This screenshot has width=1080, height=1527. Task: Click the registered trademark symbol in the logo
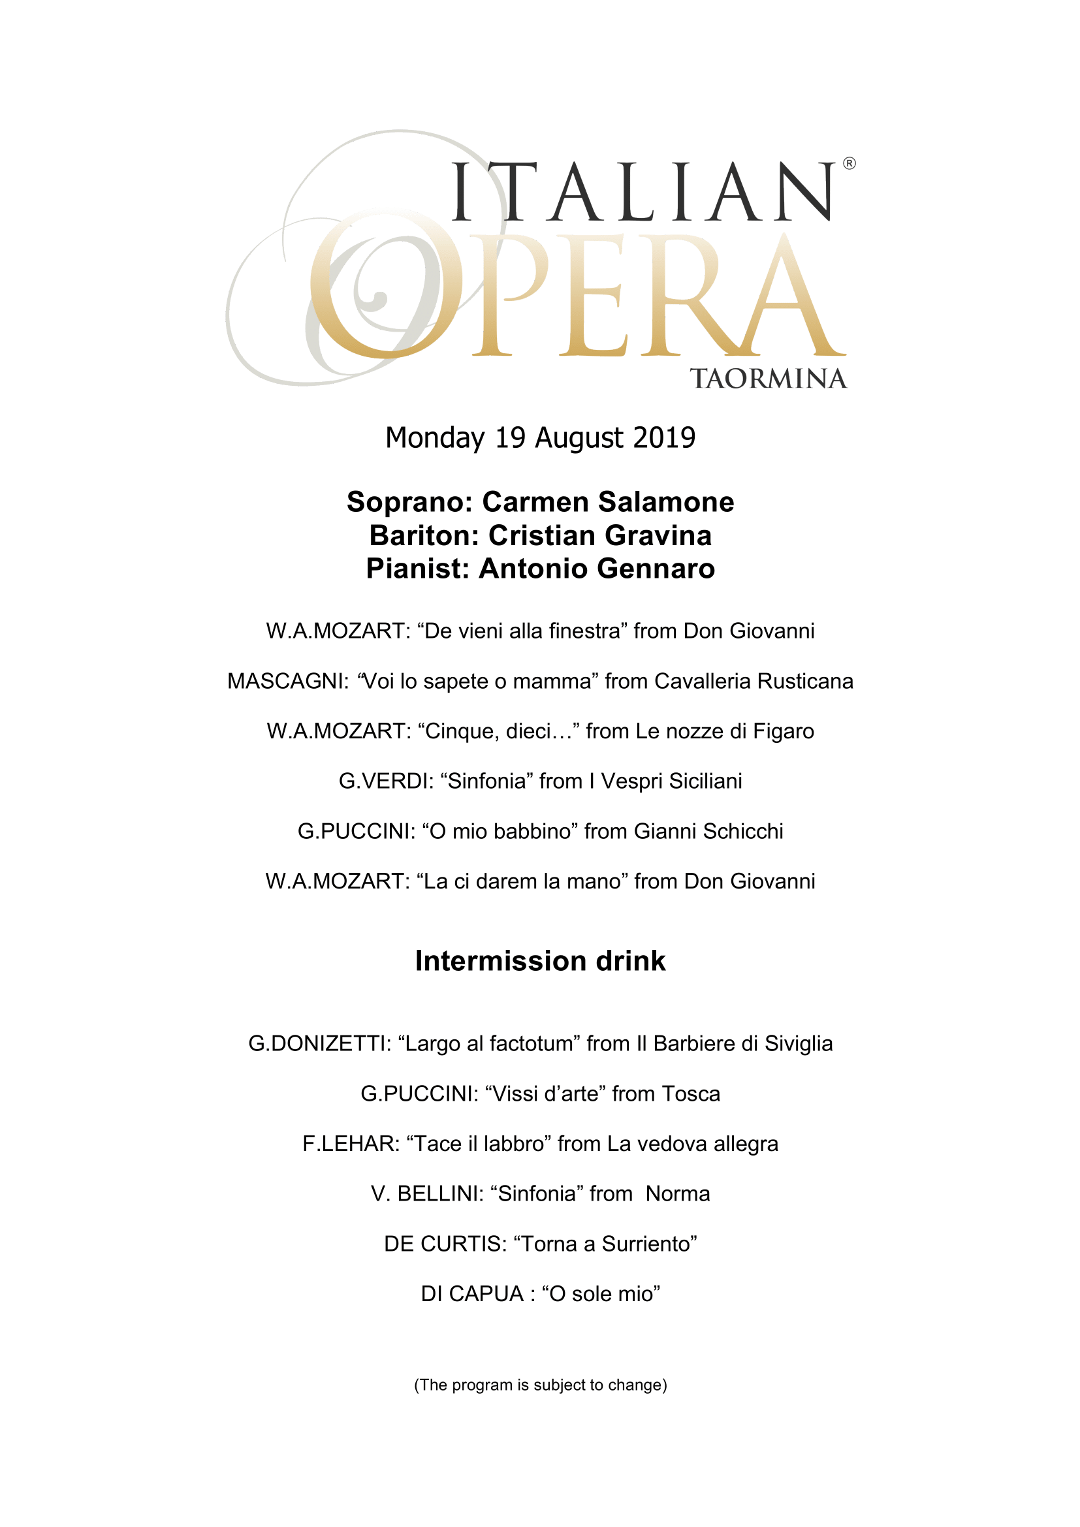[x=850, y=164]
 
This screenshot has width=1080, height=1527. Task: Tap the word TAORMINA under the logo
[x=768, y=379]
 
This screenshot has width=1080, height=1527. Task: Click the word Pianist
[x=417, y=569]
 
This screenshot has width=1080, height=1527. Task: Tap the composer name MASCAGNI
[x=287, y=681]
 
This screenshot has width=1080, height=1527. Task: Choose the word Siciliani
[x=705, y=781]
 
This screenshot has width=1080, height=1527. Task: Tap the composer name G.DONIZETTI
[x=319, y=1043]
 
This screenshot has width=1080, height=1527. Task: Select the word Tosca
[x=691, y=1094]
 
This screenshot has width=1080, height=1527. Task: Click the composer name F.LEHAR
[x=351, y=1144]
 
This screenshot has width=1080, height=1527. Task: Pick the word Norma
[x=678, y=1194]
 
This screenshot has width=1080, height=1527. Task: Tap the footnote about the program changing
[x=540, y=1385]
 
